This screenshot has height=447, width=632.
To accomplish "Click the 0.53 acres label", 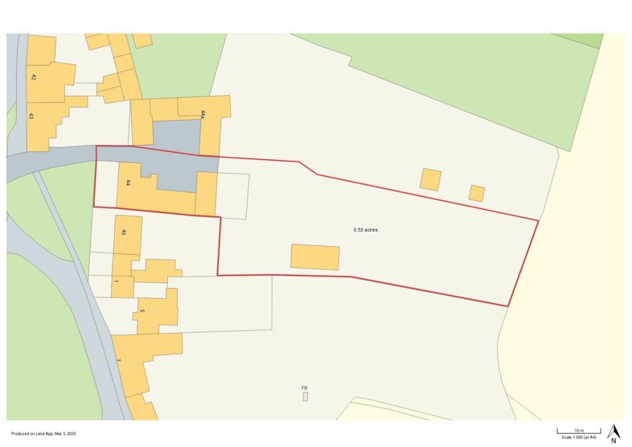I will click(x=365, y=230).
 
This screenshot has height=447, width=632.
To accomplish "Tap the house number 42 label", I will click(x=33, y=78).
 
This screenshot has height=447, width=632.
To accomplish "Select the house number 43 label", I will click(x=31, y=115).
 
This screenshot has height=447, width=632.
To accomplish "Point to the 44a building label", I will click(x=203, y=114).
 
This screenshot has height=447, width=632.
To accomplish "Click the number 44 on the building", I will click(x=128, y=183).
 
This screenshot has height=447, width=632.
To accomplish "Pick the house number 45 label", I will click(x=123, y=232).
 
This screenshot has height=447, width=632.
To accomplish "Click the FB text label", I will click(x=304, y=388).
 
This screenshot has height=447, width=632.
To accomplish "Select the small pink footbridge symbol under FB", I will click(x=305, y=396).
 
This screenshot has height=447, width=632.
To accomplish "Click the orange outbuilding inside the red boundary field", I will click(x=315, y=257).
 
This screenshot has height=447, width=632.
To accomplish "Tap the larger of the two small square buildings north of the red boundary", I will click(x=430, y=179).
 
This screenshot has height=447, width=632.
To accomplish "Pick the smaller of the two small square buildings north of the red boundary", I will click(x=476, y=193).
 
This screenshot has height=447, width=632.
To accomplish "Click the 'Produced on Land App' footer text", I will click(x=43, y=434).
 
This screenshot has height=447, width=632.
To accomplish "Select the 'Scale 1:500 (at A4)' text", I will click(x=579, y=437).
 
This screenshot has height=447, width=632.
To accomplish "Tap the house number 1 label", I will click(x=115, y=281).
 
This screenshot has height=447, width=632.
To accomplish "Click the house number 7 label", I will click(x=118, y=360).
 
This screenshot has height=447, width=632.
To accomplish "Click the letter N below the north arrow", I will click(x=613, y=441).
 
